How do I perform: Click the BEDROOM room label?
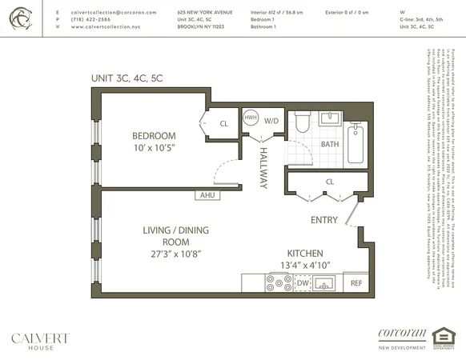tap(153, 136)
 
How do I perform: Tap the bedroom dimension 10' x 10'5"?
tap(155, 148)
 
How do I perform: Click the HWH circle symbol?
tap(251, 117)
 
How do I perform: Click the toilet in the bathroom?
tap(302, 123)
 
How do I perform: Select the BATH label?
tap(330, 144)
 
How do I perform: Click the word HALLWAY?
tap(262, 170)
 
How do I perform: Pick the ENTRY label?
tap(323, 220)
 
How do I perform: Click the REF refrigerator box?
tap(356, 282)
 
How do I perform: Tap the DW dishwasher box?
tap(303, 282)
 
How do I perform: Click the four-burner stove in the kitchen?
tap(279, 282)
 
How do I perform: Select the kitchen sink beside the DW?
tap(325, 282)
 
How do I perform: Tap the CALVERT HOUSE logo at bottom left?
tap(40, 340)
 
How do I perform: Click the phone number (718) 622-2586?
tap(95, 19)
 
